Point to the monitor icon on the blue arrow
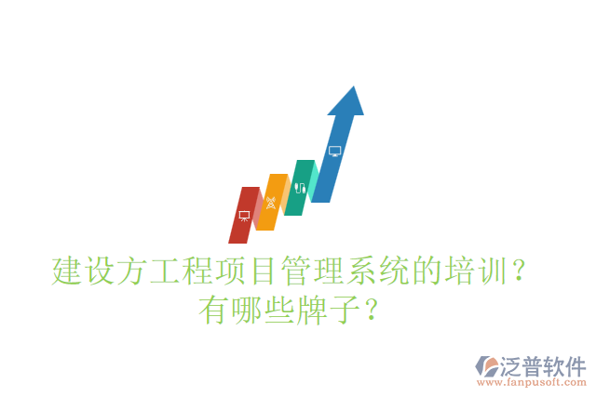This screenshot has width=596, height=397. pos(335,150)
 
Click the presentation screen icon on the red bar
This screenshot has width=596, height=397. pos(244,216)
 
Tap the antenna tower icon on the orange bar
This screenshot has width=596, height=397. pos(271,202)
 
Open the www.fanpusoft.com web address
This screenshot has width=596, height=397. pos(532,382)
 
